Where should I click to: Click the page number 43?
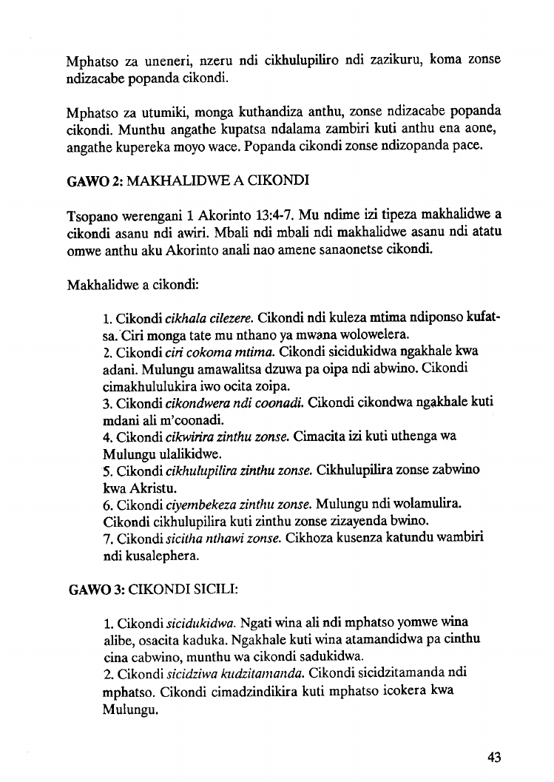(x=495, y=756)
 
